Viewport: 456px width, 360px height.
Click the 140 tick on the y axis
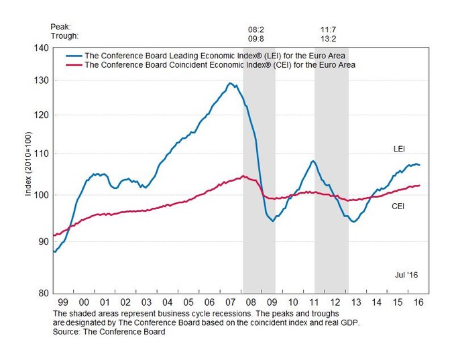pos(40,48)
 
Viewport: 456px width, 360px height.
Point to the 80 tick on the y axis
pos(42,293)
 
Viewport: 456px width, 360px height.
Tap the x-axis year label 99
pos(63,303)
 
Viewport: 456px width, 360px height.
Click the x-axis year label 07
pos(229,303)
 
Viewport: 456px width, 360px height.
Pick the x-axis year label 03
pos(146,303)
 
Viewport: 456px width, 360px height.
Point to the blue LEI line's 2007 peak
pos(230,83)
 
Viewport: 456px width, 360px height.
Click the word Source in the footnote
pos(66,330)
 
